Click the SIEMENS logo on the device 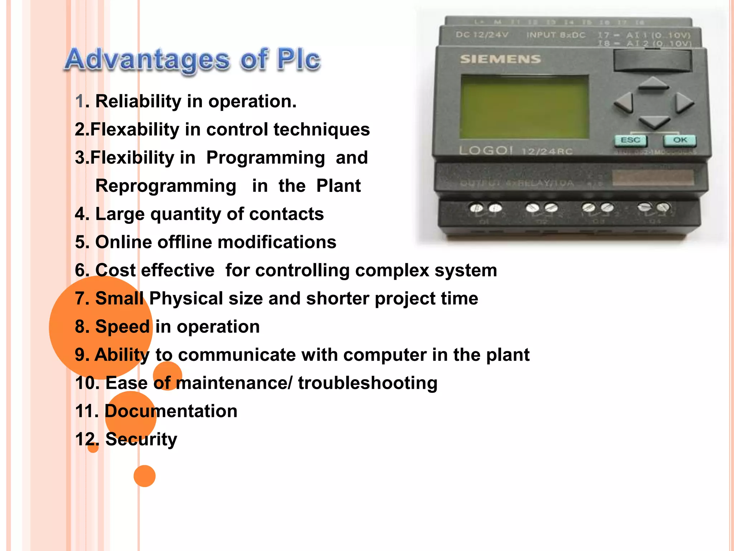[500, 59]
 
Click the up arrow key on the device [654, 84]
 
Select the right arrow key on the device [683, 104]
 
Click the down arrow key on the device [654, 122]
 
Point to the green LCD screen [524, 107]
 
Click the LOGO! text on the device [486, 150]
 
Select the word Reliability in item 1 [138, 101]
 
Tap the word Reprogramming [166, 186]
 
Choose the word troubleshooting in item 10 [368, 383]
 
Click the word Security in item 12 [141, 439]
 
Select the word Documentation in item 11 [171, 411]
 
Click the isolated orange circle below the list [144, 476]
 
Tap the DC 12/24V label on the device [482, 35]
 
